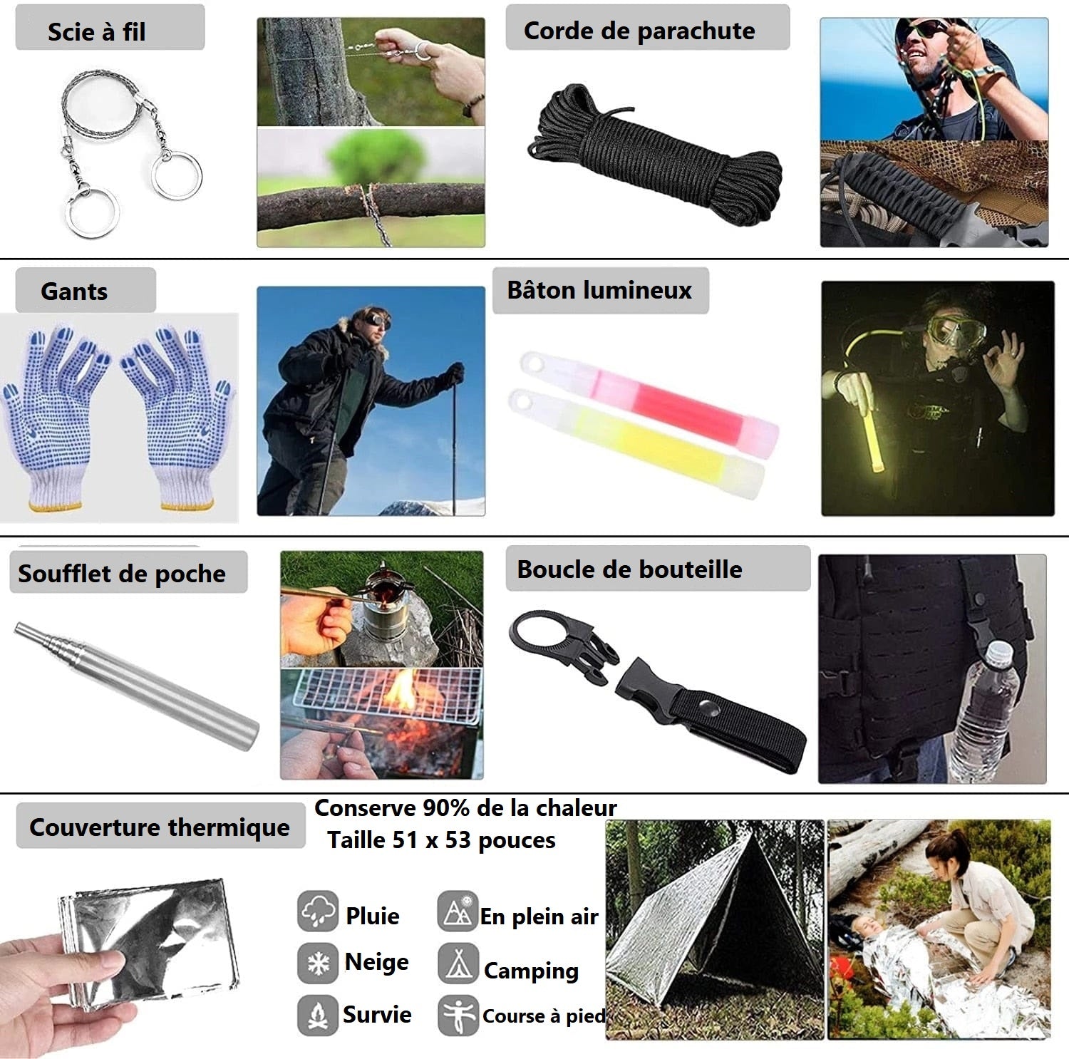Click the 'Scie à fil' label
click(x=96, y=32)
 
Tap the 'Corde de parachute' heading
click(x=639, y=31)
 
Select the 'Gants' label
click(x=74, y=291)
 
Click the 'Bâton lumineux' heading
click(x=599, y=290)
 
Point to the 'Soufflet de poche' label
click(x=122, y=574)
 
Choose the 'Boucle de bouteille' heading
click(x=629, y=569)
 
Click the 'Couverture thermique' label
click(x=160, y=827)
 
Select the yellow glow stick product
click(x=636, y=444)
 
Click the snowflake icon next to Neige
click(x=317, y=963)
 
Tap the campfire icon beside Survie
click(x=317, y=1015)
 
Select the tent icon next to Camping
click(x=458, y=963)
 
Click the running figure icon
click(x=458, y=1015)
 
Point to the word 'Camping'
click(x=531, y=971)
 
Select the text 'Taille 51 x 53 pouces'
click(x=441, y=840)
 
